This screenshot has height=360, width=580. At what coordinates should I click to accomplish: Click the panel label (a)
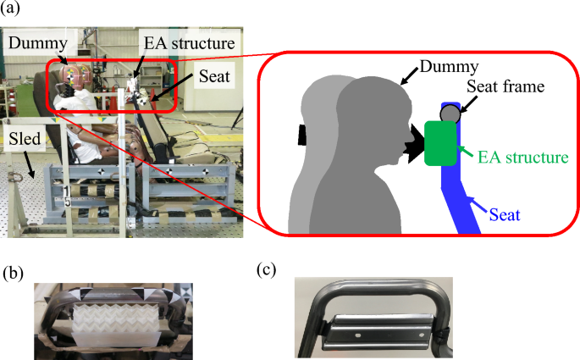10,10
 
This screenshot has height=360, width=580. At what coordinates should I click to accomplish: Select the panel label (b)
10,271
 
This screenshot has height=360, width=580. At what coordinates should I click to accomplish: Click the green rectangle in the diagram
439,142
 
